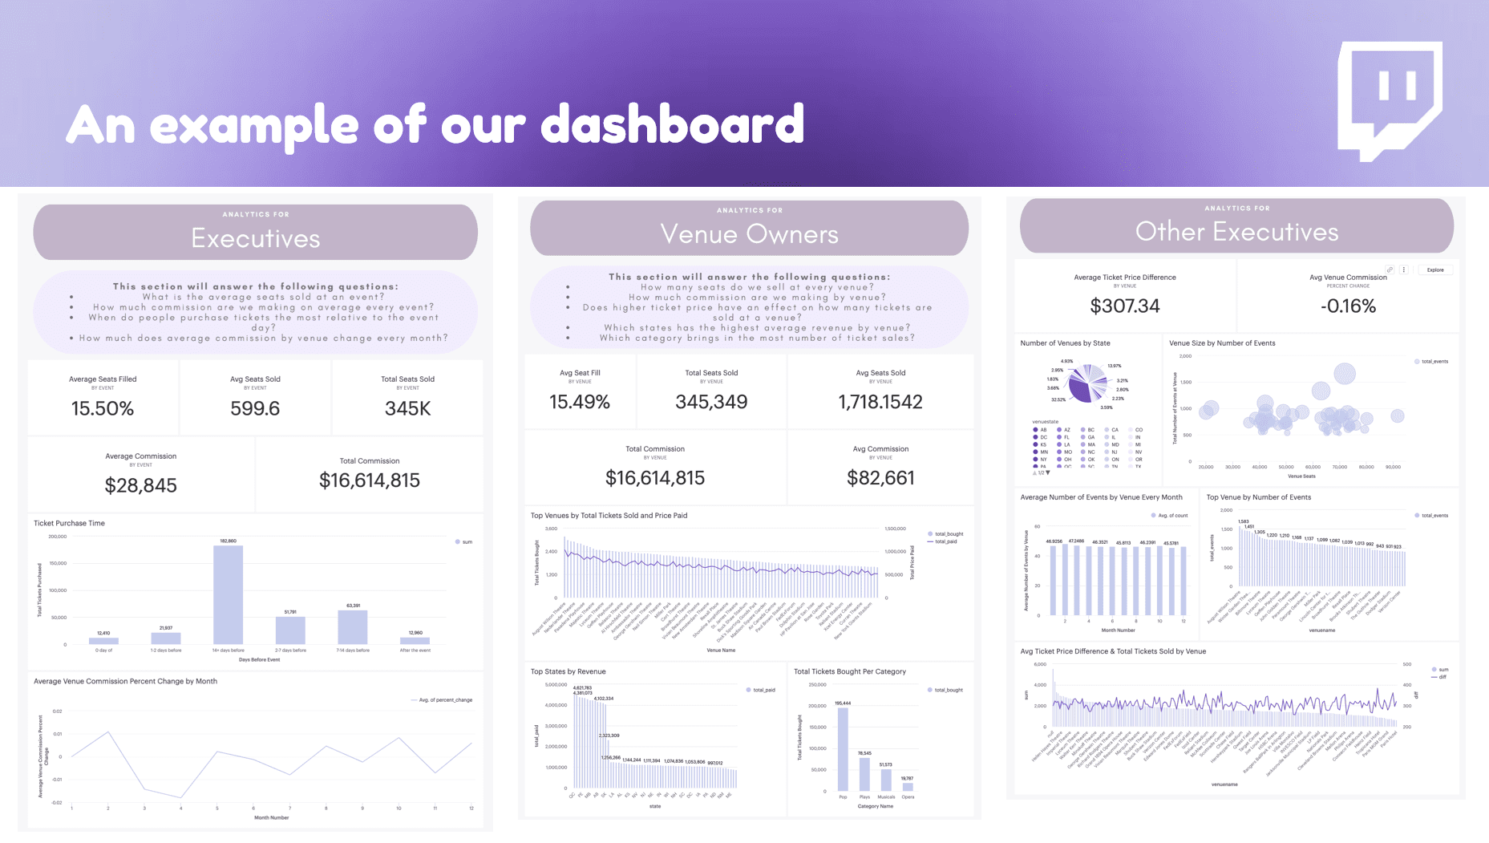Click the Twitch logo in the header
pos(1390,99)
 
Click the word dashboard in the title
pos(672,124)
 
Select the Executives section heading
pos(256,238)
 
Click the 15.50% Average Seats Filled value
pos(103,408)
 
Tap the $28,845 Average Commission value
pos(141,485)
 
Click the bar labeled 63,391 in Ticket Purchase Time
pos(353,626)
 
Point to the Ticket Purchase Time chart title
pos(69,523)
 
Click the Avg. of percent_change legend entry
pos(445,700)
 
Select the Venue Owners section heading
pos(749,234)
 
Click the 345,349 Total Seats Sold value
pos(711,402)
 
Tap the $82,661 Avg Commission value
pos(880,478)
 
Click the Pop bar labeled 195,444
pos(843,748)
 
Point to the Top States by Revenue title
pos(568,671)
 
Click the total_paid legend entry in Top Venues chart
pos(945,541)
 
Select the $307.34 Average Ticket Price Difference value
pos(1125,306)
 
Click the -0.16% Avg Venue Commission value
pos(1348,306)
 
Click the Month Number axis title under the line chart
pos(271,817)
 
